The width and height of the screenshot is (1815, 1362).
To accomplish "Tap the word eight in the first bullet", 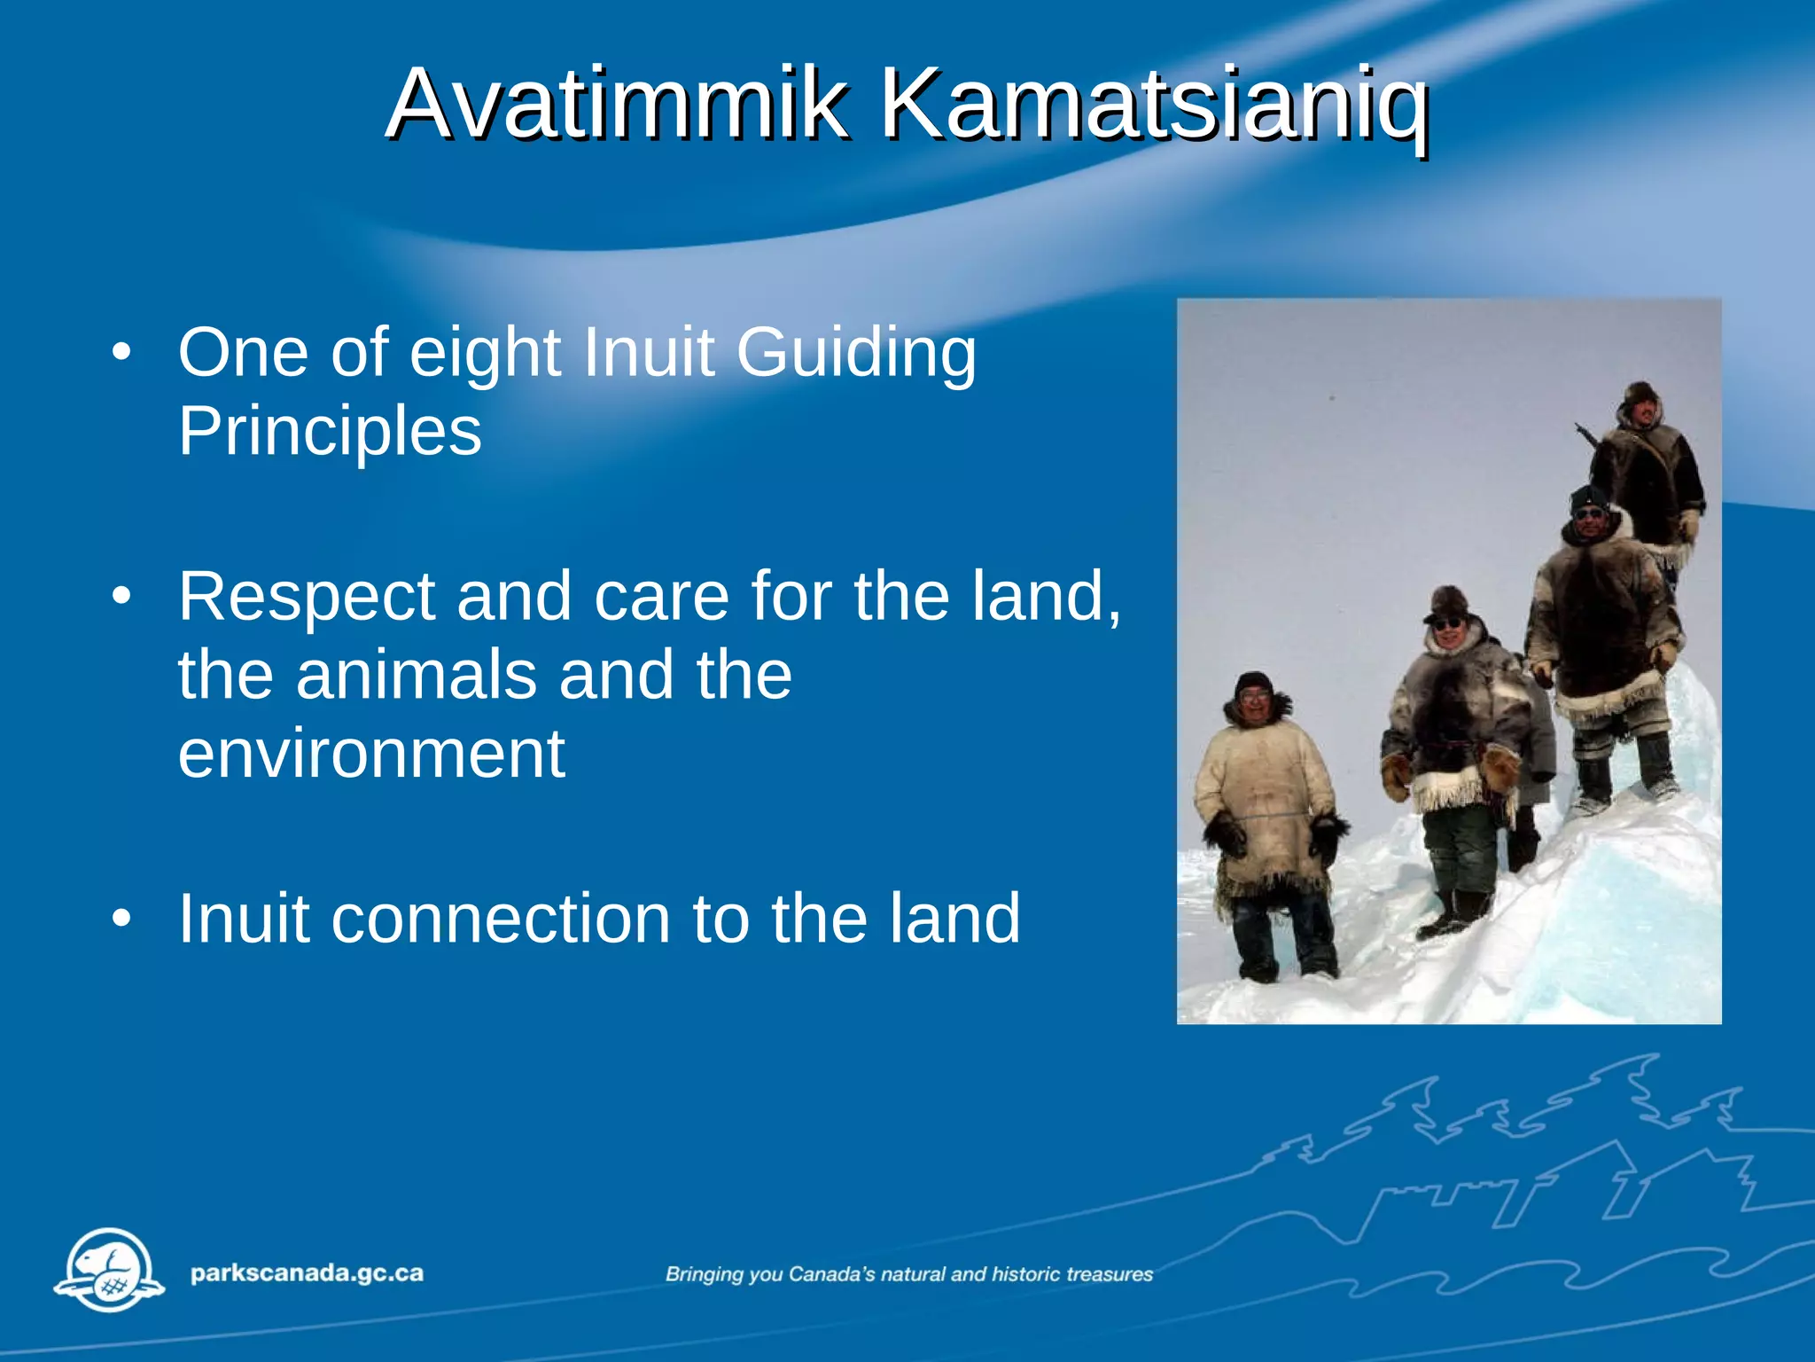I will pyautogui.click(x=484, y=353).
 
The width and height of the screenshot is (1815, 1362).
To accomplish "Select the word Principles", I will pyautogui.click(x=330, y=431).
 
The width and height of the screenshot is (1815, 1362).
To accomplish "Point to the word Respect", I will pyautogui.click(x=306, y=597).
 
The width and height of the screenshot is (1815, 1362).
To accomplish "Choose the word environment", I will pyautogui.click(x=371, y=754).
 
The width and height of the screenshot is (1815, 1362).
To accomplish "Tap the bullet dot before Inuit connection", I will pyautogui.click(x=121, y=918).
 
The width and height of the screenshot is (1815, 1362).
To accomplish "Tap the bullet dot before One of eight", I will pyautogui.click(x=121, y=353).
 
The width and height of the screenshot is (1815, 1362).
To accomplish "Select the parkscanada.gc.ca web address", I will pyautogui.click(x=307, y=1273).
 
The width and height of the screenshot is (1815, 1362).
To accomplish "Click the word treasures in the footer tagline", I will pyautogui.click(x=1110, y=1274).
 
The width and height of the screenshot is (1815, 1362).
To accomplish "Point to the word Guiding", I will pyautogui.click(x=856, y=353).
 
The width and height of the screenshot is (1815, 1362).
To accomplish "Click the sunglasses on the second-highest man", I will pyautogui.click(x=1590, y=513).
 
